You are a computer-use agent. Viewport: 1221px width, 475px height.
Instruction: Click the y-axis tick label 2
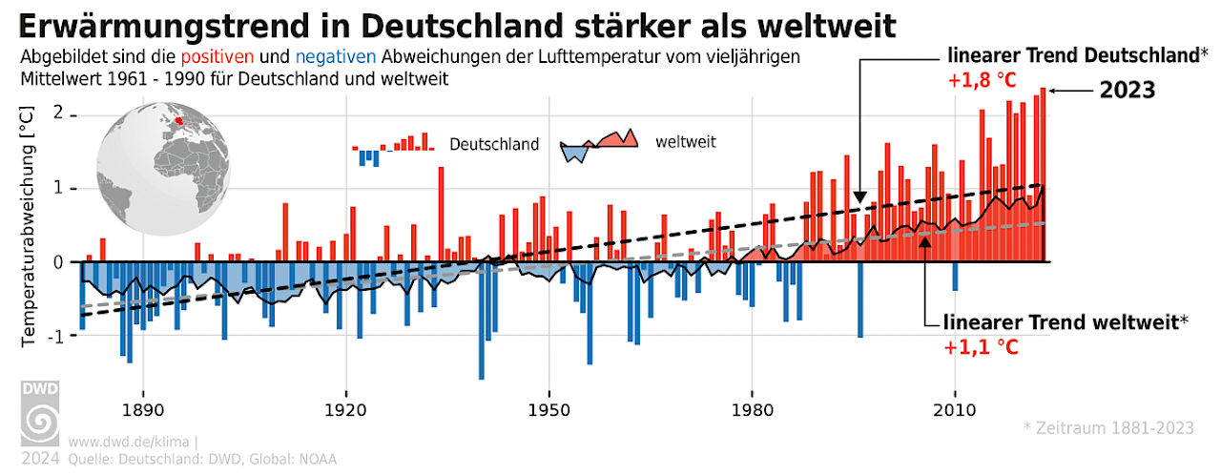[x=59, y=114]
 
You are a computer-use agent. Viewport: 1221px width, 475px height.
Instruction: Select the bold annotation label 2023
[x=1128, y=91]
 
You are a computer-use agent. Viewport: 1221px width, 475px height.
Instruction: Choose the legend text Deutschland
[x=494, y=145]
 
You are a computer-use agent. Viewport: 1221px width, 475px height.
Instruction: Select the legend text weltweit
[x=686, y=142]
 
